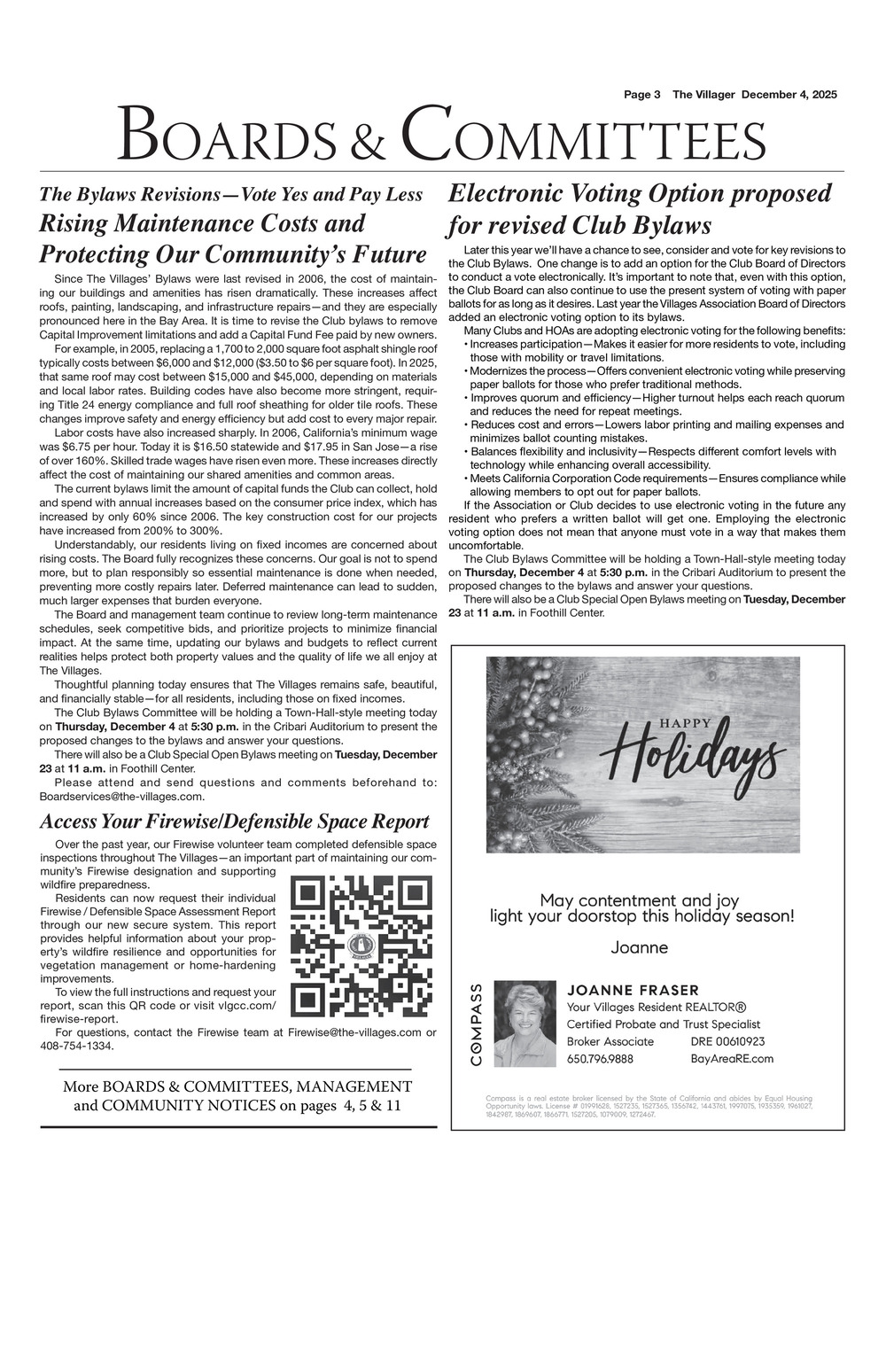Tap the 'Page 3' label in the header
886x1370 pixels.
642,95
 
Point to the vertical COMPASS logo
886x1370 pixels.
477,1024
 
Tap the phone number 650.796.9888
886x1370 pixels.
600,1058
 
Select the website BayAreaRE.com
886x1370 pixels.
732,1058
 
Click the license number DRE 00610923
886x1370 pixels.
727,1041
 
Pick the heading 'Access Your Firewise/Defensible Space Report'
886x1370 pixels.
235,821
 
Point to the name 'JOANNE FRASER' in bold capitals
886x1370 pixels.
633,990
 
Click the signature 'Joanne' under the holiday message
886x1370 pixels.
639,947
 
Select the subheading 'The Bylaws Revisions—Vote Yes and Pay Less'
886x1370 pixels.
230,194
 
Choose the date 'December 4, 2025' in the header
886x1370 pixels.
789,95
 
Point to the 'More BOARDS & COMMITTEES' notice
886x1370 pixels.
237,1095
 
